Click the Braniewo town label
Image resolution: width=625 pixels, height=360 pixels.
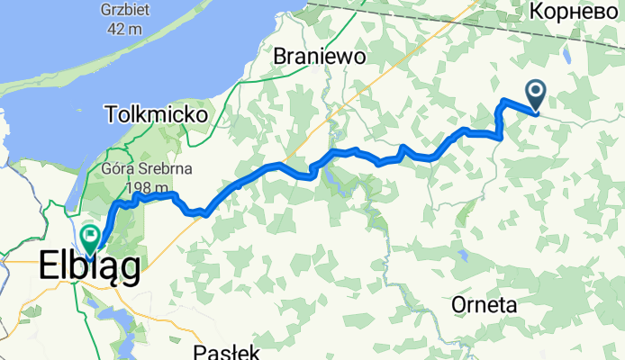(318, 57)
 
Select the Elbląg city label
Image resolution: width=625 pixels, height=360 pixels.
(89, 267)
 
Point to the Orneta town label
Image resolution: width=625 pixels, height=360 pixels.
(485, 305)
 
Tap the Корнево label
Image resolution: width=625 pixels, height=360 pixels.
(573, 11)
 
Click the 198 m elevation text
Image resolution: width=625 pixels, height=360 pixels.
(149, 187)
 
